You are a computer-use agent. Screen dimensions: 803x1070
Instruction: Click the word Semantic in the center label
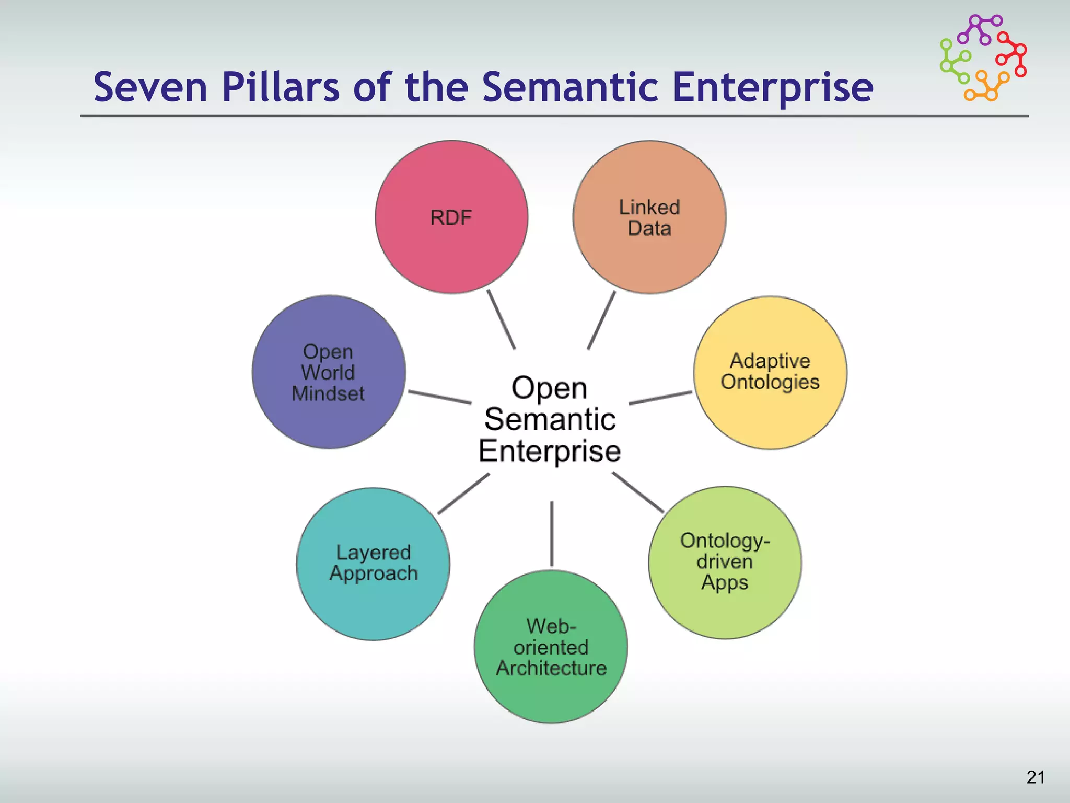[550, 419]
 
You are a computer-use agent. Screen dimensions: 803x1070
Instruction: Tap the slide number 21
[1035, 777]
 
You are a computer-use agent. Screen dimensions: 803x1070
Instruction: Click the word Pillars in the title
[281, 87]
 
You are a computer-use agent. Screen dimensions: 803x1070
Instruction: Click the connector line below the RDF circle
[501, 319]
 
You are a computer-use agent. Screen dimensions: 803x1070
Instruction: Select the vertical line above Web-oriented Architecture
[551, 533]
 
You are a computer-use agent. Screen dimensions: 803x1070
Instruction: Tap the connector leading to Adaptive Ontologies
[660, 398]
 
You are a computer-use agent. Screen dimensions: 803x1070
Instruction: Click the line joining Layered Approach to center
[463, 494]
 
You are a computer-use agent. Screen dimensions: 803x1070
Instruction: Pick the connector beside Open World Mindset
[439, 397]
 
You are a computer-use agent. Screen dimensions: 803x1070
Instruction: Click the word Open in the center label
[550, 388]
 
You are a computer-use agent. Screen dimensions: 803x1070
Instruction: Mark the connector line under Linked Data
[601, 320]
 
